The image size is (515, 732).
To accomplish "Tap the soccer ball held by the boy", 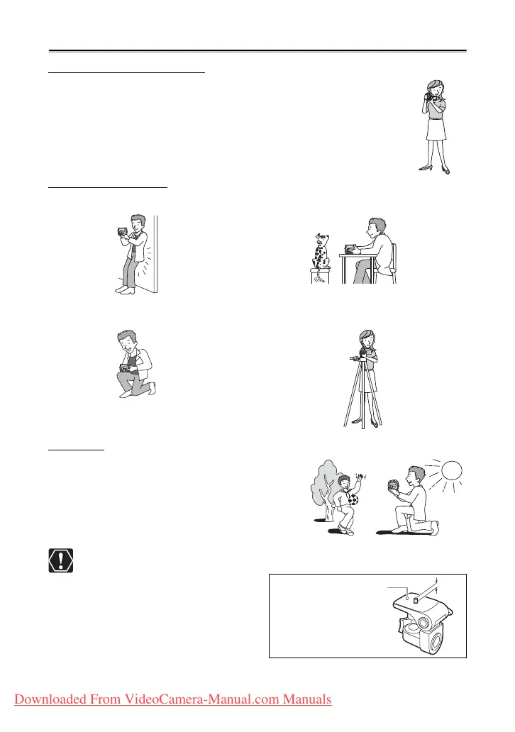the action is click(x=353, y=500).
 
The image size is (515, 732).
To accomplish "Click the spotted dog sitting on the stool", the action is click(x=321, y=252).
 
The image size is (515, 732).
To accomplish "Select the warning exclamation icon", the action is click(x=61, y=560).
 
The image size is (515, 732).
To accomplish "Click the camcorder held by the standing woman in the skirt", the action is click(x=428, y=96).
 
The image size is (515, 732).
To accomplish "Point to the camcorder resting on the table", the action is click(x=350, y=249).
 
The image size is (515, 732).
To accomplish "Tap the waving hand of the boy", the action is click(x=359, y=479).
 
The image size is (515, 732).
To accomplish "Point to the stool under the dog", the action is click(x=320, y=276).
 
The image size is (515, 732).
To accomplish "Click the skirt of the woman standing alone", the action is click(x=436, y=129).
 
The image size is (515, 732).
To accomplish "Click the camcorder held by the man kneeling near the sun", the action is click(x=393, y=486).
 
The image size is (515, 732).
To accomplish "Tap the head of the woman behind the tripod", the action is click(x=367, y=338).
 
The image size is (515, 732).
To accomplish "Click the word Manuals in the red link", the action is click(x=307, y=699).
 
